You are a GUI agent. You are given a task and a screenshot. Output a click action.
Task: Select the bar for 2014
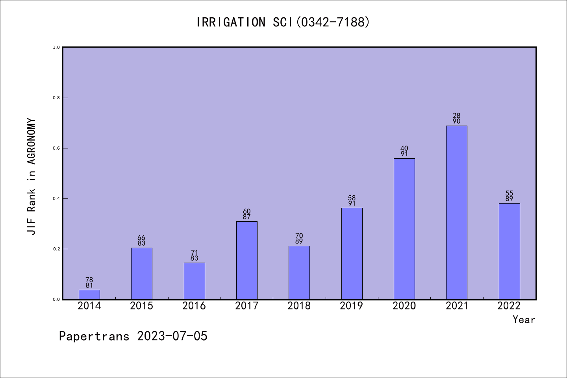tap(89, 295)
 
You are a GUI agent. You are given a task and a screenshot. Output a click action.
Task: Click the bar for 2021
tap(457, 213)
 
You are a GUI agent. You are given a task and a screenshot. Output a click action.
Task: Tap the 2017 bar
tap(247, 260)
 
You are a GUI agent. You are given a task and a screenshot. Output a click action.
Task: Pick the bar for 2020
tap(404, 229)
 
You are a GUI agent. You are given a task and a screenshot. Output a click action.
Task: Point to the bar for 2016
tap(194, 281)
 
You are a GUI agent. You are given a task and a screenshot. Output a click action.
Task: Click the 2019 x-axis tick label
tap(352, 306)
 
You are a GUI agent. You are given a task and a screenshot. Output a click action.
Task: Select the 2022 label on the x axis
tap(509, 306)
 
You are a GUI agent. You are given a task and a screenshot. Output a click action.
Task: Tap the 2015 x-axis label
tap(142, 306)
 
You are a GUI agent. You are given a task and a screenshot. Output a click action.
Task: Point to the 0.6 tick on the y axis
tap(56, 148)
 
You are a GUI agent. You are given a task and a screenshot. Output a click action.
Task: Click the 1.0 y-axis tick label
tap(56, 47)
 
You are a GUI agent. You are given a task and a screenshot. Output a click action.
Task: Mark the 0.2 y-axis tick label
tap(56, 249)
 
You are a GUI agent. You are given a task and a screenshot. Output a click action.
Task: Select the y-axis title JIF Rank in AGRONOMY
tap(31, 177)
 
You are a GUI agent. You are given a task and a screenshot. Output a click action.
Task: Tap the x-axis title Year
tap(524, 320)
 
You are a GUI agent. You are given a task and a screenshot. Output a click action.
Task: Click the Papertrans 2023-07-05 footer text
tap(133, 336)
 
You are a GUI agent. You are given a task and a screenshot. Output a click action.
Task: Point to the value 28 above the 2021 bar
tap(457, 116)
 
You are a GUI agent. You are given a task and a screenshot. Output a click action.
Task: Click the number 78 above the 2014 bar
tap(89, 280)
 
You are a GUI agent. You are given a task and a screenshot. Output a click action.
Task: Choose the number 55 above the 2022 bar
tap(509, 193)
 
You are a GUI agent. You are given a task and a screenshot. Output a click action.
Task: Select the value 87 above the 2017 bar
tap(247, 217)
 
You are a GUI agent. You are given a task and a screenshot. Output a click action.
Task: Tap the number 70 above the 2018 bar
tap(299, 236)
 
